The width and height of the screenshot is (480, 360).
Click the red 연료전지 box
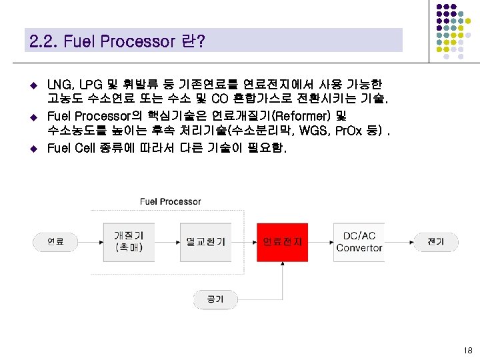click(282, 242)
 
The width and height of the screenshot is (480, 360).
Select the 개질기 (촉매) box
click(129, 242)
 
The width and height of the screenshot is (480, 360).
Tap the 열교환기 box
click(205, 242)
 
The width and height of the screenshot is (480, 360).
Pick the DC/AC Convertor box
click(359, 242)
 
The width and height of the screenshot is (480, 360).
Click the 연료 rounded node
click(51, 241)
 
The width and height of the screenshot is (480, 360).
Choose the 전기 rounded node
click(435, 241)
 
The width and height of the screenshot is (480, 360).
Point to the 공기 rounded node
click(215, 299)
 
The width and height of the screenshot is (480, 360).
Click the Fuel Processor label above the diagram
click(170, 201)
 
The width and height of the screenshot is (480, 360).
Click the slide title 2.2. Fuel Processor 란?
click(117, 41)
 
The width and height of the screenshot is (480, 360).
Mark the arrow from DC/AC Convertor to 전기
click(399, 242)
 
